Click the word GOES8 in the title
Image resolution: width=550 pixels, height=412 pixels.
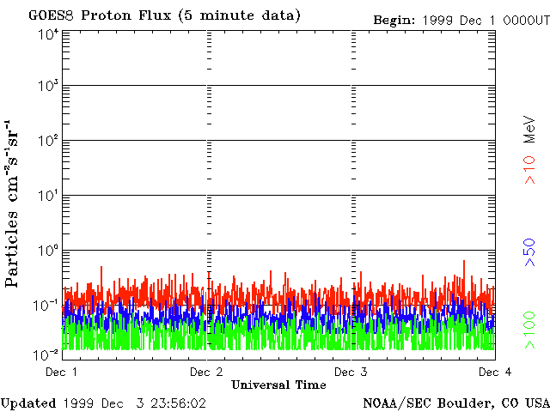48,16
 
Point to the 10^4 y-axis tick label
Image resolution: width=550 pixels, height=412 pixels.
48,33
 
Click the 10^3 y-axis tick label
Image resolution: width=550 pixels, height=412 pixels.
48,87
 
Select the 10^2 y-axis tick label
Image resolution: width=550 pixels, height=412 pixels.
48,141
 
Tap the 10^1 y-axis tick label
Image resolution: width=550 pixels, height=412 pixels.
48,196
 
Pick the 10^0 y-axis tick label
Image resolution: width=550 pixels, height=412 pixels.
48,251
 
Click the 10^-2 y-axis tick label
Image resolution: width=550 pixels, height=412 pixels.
46,354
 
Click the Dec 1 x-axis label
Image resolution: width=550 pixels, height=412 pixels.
62,372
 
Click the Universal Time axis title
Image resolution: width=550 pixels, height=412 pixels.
278,385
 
